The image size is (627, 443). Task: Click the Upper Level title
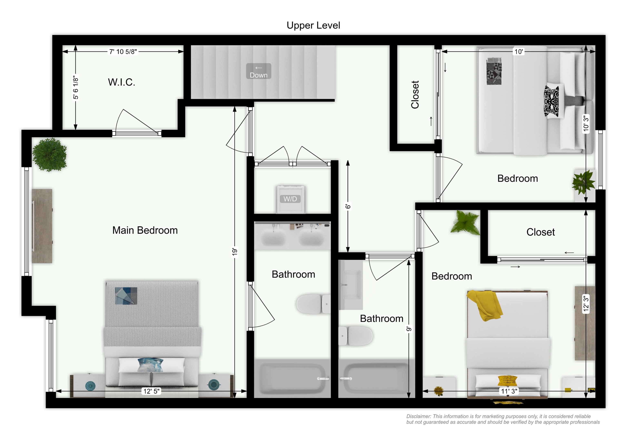point(313,25)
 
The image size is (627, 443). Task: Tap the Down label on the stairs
point(258,75)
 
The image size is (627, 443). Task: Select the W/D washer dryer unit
point(290,199)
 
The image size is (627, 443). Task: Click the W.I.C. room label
point(121,82)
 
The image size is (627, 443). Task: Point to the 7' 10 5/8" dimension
point(123,52)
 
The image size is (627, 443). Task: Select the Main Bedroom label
point(145,230)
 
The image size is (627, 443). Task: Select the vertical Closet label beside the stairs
point(415,95)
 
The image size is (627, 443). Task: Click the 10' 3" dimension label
point(586,123)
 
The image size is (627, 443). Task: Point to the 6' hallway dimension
point(348,207)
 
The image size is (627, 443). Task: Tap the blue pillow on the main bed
point(150,365)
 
